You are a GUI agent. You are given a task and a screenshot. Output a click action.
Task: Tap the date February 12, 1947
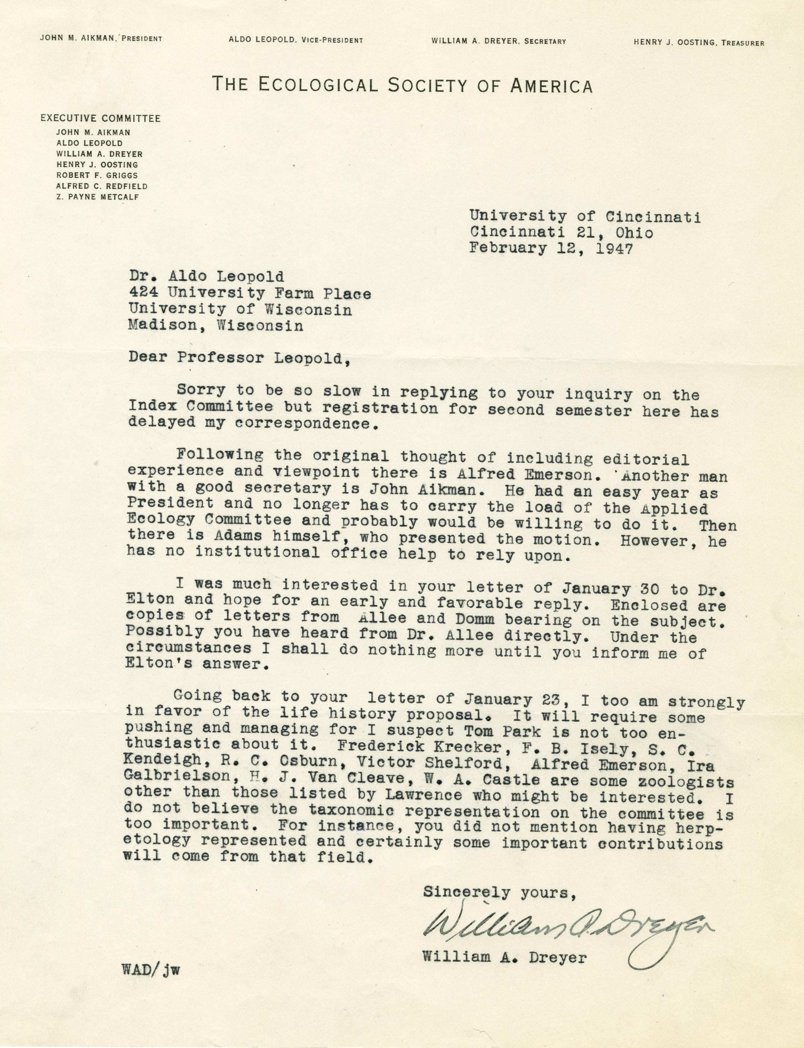coord(551,248)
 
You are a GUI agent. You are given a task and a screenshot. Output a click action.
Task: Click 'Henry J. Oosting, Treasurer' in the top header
coord(699,43)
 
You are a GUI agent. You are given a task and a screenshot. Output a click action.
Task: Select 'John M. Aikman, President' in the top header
coord(101,39)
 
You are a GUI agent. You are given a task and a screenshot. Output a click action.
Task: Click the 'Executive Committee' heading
coord(101,118)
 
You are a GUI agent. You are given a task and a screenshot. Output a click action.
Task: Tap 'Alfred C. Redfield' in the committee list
coord(102,186)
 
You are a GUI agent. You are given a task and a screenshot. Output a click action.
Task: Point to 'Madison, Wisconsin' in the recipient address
coord(216,325)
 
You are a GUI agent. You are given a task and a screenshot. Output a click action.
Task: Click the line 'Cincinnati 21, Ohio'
coord(561,233)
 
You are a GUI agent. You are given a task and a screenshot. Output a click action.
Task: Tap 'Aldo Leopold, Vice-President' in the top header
coord(295,41)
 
